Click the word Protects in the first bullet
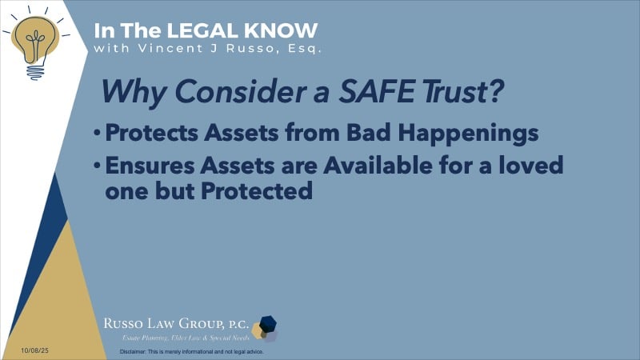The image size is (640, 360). [149, 135]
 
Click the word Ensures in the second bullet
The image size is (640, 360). [145, 169]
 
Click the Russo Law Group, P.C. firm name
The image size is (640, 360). [174, 323]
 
